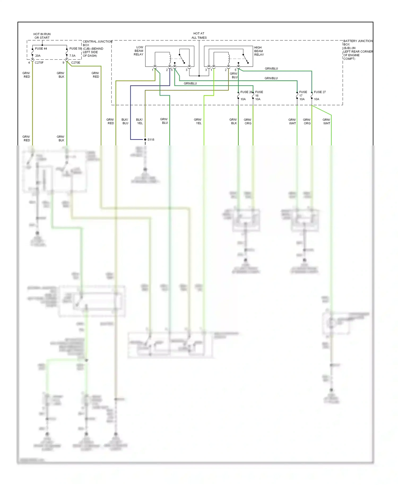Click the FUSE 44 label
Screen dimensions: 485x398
point(41,49)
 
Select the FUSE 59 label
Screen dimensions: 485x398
point(75,49)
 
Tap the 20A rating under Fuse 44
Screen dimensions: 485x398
point(38,56)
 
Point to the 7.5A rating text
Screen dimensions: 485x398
point(72,56)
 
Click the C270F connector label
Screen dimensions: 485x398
point(39,63)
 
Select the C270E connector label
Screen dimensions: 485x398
point(75,63)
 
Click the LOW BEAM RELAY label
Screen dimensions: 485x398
point(139,51)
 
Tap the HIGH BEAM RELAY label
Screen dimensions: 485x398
point(259,51)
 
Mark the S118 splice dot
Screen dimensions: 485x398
point(145,140)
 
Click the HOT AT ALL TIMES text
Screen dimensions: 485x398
point(199,36)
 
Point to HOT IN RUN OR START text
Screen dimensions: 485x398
point(42,36)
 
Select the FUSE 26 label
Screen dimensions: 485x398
point(246,92)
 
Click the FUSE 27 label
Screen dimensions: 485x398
point(319,92)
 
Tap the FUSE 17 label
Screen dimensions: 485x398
point(303,94)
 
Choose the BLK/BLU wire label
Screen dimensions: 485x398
point(125,121)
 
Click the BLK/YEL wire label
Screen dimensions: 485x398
point(140,121)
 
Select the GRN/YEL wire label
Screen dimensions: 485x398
point(198,121)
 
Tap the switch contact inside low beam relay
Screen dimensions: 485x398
point(182,59)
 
